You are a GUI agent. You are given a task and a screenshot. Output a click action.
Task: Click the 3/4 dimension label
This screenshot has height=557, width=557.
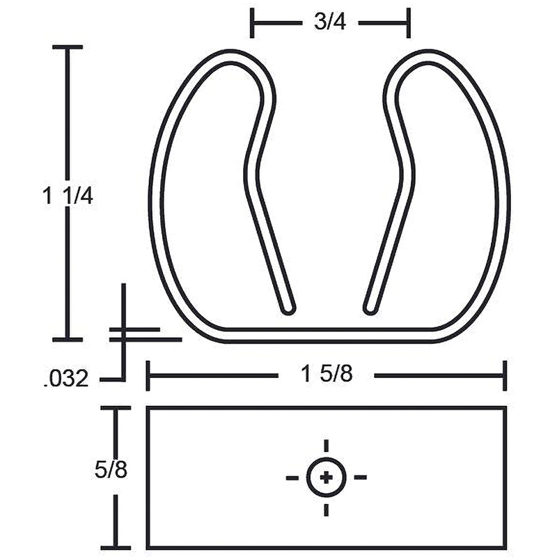tap(330, 22)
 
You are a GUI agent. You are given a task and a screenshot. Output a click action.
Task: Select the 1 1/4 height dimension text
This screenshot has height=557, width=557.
tap(68, 196)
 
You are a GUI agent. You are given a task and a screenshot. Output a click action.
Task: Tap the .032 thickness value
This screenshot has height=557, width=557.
tap(66, 379)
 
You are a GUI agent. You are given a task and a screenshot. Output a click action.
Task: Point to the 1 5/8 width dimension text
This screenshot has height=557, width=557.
tap(327, 374)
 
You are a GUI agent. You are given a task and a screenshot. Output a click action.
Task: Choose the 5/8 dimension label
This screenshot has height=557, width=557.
tap(111, 469)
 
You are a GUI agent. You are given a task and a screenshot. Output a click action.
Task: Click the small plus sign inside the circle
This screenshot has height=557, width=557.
tap(326, 478)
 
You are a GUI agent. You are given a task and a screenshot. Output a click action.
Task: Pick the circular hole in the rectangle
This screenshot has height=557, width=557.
tap(326, 478)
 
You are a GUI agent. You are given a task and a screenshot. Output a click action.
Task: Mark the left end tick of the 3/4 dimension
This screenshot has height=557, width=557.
tap(252, 23)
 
